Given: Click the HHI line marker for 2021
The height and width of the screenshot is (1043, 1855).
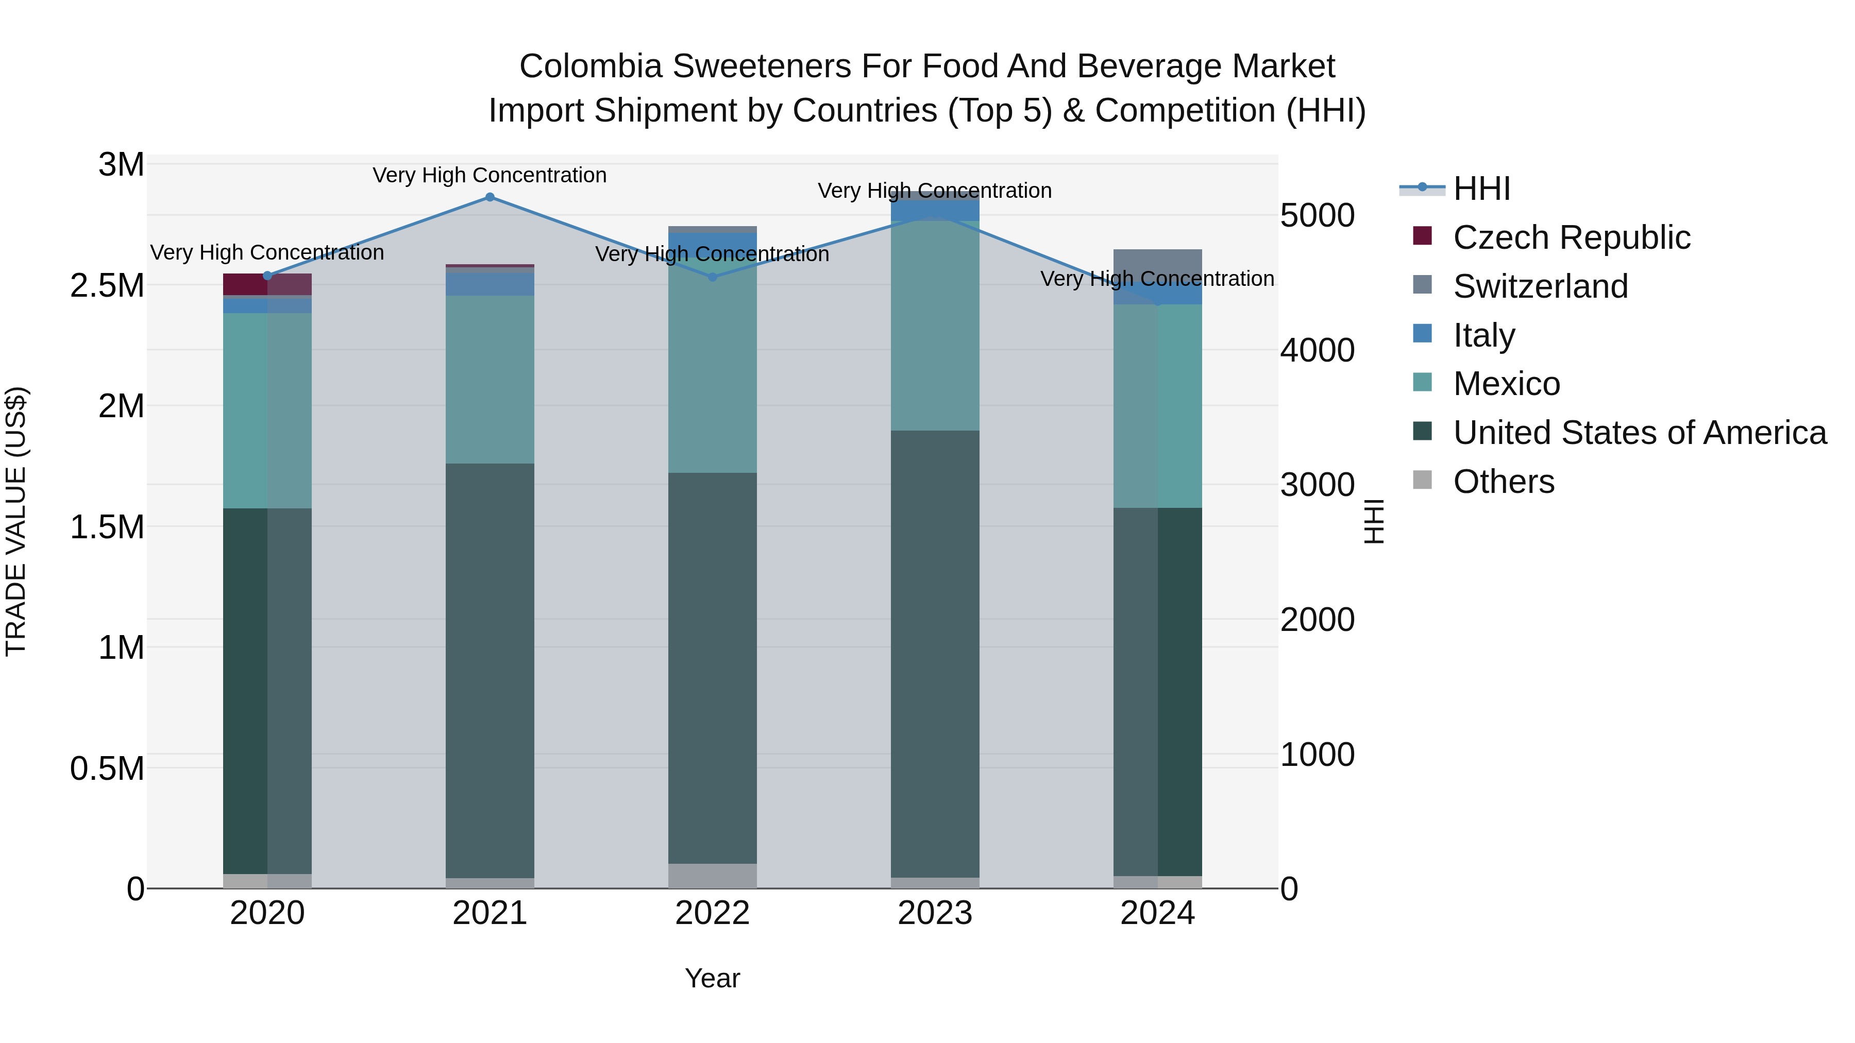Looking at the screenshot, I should click(490, 197).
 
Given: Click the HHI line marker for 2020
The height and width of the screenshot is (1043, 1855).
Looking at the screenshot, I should click(267, 276).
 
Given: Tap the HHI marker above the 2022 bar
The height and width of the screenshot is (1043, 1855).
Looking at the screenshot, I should click(712, 277).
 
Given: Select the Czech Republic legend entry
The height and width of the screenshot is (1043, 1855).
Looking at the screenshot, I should click(1571, 237).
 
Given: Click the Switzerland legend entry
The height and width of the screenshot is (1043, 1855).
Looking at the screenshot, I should click(1540, 286).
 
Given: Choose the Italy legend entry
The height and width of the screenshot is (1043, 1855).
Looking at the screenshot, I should click(1483, 335).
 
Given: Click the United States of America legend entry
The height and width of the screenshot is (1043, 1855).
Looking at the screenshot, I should click(1639, 433).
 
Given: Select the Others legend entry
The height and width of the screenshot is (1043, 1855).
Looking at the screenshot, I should click(1503, 482).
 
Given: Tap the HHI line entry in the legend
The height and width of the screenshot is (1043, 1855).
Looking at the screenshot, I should click(1481, 189).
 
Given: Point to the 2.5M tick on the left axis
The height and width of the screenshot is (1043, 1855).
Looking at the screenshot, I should click(107, 286).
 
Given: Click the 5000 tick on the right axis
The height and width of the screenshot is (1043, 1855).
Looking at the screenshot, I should click(1317, 215).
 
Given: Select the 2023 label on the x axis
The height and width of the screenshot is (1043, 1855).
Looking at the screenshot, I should click(935, 913).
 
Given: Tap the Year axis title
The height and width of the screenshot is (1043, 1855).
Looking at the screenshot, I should click(712, 978).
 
